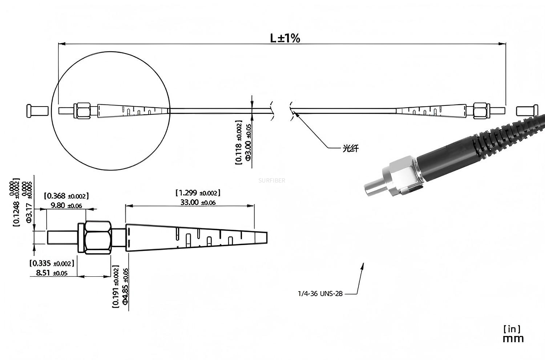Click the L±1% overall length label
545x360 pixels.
(285, 38)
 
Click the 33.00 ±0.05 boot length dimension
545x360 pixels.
(198, 202)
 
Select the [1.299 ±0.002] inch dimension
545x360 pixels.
(198, 193)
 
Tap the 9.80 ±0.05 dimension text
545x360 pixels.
(66, 205)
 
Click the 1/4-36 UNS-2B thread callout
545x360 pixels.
(320, 293)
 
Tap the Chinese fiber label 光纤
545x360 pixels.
(350, 148)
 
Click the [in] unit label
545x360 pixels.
(512, 329)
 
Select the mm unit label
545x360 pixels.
(513, 339)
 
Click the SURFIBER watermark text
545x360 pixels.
(271, 180)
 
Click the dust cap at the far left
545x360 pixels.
(37, 111)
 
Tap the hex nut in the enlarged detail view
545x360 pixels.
(97, 237)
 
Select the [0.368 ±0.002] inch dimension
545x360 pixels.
(66, 196)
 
